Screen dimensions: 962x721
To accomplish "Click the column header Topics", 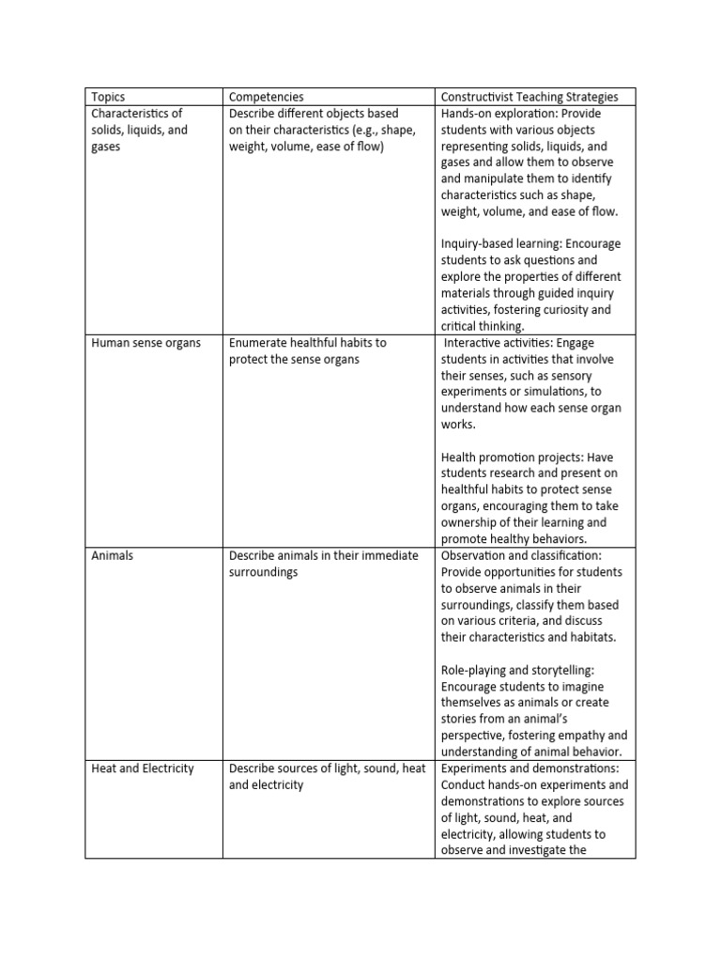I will [x=108, y=97].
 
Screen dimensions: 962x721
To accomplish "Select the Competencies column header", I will [x=267, y=97].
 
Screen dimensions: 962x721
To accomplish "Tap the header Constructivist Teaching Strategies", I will [x=529, y=97].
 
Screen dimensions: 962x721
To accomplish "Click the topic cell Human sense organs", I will [x=146, y=343].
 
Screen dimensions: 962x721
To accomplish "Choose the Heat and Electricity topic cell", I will [x=143, y=768].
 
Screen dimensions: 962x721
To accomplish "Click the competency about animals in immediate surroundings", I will [x=323, y=564].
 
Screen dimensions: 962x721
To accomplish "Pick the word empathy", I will [x=579, y=736].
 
